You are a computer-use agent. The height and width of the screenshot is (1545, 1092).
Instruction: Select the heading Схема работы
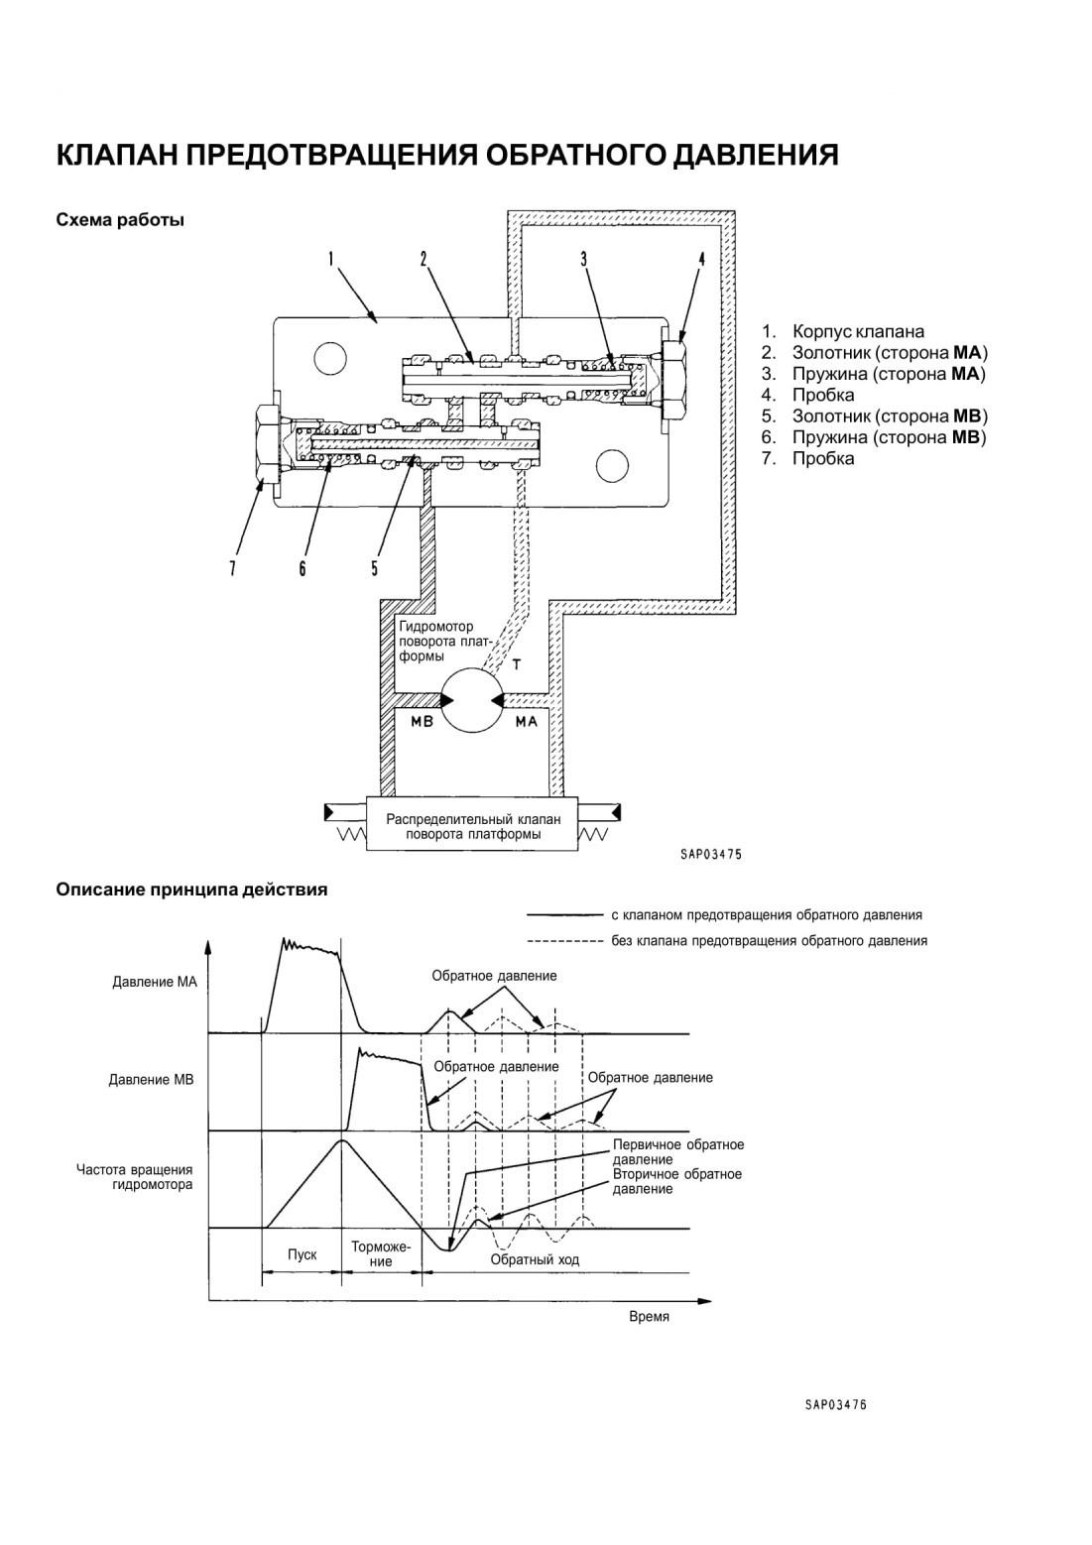[120, 221]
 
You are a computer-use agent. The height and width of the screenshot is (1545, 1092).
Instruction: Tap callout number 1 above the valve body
[331, 259]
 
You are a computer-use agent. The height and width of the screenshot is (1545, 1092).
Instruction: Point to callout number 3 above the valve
[583, 259]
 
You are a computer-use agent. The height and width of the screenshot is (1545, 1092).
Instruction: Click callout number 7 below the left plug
[232, 567]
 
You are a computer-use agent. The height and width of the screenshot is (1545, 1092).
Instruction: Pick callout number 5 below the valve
[375, 567]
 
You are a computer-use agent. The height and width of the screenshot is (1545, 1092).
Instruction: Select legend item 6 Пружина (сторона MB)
[875, 437]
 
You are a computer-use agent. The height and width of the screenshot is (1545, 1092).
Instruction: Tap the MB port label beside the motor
[422, 722]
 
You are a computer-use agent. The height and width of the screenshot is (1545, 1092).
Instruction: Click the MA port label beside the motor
[527, 722]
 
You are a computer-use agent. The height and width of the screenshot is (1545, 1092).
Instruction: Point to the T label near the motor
[517, 664]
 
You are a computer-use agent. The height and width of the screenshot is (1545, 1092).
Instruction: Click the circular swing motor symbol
[472, 699]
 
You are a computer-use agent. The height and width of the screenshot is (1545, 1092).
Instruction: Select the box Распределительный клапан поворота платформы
[472, 825]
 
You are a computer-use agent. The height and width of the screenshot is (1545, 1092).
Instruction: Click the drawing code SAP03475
[710, 855]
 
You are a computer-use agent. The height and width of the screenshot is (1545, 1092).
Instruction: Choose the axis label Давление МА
[155, 982]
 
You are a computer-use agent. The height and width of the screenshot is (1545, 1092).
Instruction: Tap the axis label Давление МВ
[152, 1080]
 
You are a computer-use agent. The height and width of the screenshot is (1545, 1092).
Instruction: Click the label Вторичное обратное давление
[677, 1181]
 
